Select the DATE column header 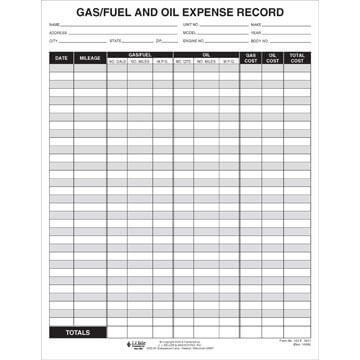click(61, 59)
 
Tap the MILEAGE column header click(88, 59)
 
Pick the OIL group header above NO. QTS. click(205, 55)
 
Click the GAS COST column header click(251, 58)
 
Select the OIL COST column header click(273, 58)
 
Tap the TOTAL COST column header click(297, 58)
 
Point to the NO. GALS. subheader click(116, 62)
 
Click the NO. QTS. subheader click(182, 62)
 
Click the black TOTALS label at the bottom click(77, 331)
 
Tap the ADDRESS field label click(57, 32)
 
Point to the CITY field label click(52, 41)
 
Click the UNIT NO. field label click(189, 24)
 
